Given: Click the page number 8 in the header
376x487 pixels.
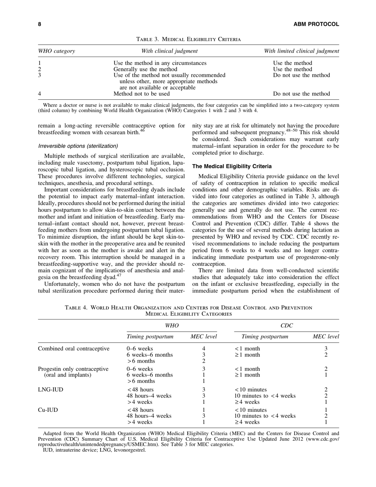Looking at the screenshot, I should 39,25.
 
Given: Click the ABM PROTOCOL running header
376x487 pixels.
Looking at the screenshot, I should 317,25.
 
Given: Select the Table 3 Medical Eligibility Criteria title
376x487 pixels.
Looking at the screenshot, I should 188,39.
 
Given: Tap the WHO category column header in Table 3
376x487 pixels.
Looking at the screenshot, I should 56,51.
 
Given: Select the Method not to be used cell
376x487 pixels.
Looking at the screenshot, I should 141,94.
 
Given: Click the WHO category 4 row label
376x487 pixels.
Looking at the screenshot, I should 40,94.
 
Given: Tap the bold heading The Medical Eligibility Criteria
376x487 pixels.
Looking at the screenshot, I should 232,166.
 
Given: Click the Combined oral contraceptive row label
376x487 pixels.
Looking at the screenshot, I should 73,348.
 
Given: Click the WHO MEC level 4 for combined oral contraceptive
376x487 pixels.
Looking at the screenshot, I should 203,348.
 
